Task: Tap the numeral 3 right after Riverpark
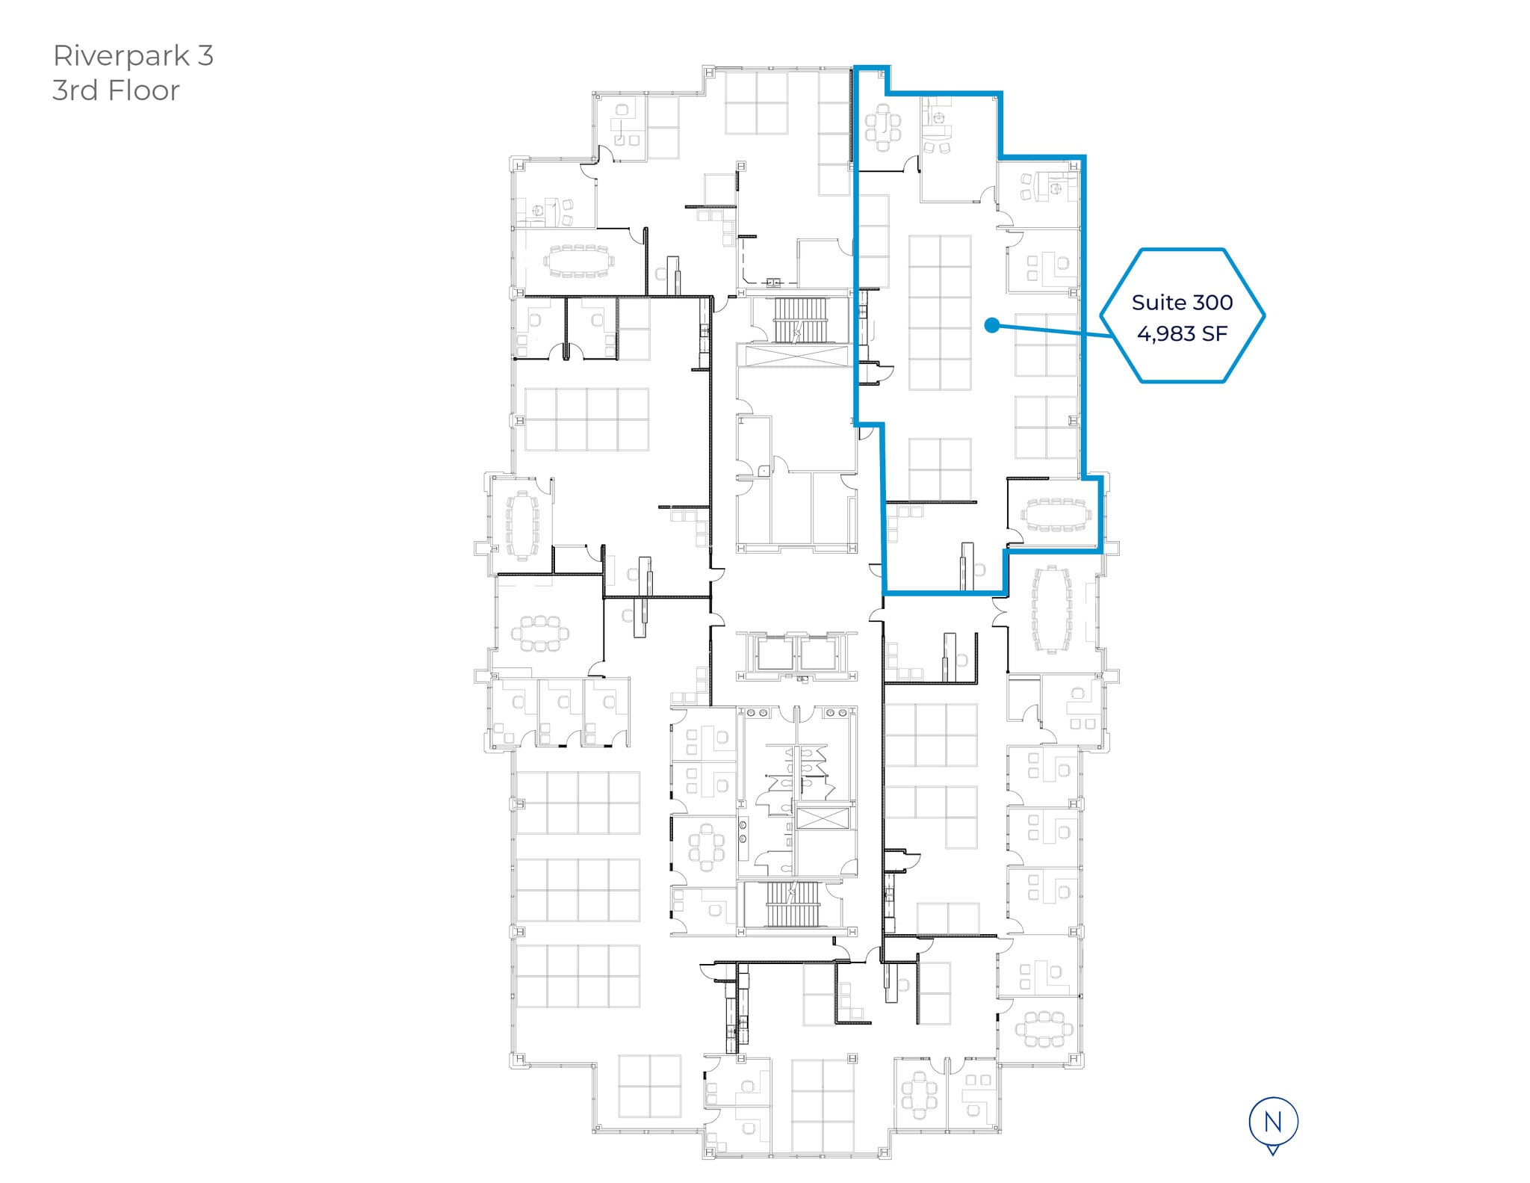tap(205, 55)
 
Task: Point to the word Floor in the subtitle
tap(144, 90)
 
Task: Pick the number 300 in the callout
tap(1212, 303)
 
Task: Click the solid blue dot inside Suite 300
tap(991, 325)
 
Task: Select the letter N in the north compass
tap(1273, 1122)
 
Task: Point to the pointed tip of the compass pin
tap(1273, 1155)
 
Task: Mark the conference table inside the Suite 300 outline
tap(1056, 515)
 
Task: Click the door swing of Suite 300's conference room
tap(1015, 536)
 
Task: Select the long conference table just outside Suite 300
tap(1052, 608)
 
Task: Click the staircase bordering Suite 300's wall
tap(801, 321)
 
